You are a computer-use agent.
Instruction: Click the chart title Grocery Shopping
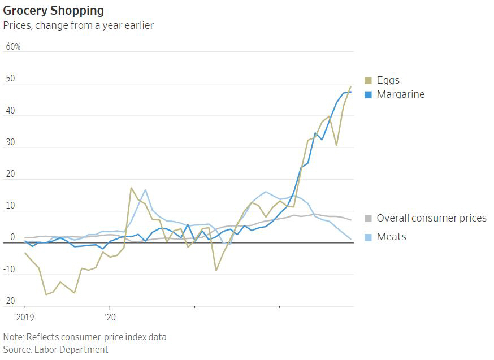pyautogui.click(x=53, y=11)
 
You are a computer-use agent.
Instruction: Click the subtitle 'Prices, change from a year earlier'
pyautogui.click(x=78, y=25)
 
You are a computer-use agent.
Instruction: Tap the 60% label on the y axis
pyautogui.click(x=13, y=46)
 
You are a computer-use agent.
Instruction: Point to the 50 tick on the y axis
pyautogui.click(x=10, y=78)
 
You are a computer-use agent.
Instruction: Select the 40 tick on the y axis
pyautogui.click(x=10, y=110)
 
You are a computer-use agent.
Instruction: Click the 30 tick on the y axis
pyautogui.click(x=10, y=142)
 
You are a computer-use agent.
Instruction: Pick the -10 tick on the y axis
pyautogui.click(x=9, y=270)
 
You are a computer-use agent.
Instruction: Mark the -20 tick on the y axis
pyautogui.click(x=9, y=301)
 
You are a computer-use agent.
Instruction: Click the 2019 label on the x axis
pyautogui.click(x=25, y=318)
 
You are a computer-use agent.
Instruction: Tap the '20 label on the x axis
pyautogui.click(x=110, y=318)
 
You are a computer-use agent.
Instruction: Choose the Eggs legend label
pyautogui.click(x=388, y=80)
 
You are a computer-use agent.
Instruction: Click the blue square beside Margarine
pyautogui.click(x=368, y=94)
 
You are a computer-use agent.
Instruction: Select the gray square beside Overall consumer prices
pyautogui.click(x=368, y=218)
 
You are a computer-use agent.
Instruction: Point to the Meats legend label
pyautogui.click(x=391, y=236)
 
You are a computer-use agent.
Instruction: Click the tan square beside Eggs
pyautogui.click(x=368, y=80)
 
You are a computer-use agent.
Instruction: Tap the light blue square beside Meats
pyautogui.click(x=368, y=236)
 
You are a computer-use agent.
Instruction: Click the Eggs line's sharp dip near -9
pyautogui.click(x=216, y=270)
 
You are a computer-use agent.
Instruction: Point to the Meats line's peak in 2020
pyautogui.click(x=145, y=190)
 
